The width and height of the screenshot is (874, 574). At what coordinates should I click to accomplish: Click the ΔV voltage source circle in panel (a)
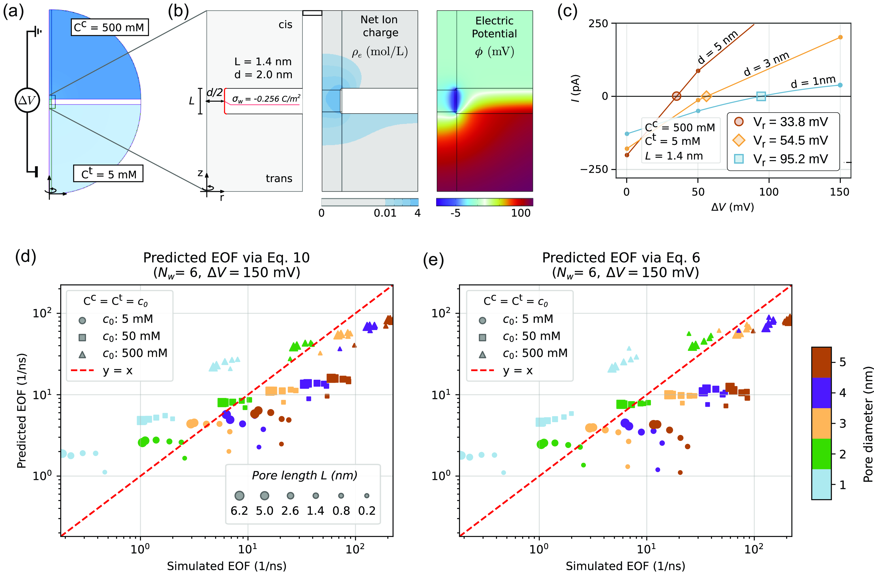27,100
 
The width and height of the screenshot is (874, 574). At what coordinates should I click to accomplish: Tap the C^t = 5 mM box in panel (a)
108,173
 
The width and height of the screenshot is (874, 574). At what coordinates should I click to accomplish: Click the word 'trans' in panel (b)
279,178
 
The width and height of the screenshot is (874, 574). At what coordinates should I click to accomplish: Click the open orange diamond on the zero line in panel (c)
706,96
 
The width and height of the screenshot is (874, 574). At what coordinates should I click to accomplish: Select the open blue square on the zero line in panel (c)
761,96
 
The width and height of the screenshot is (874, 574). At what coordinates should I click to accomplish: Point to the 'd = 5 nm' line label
718,47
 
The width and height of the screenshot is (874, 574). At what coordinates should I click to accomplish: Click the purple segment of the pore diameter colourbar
821,393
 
